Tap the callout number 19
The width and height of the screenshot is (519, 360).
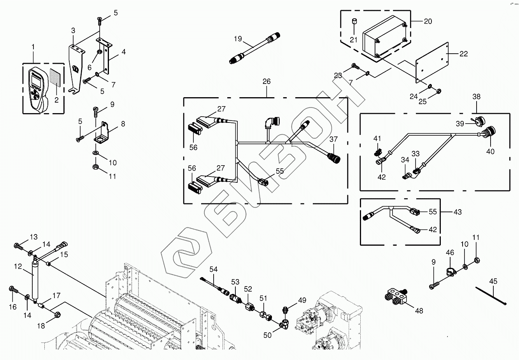[238, 39]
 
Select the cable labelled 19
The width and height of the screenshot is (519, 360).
[253, 49]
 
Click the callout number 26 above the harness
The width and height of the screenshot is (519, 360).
[267, 82]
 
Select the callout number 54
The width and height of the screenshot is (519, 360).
[213, 269]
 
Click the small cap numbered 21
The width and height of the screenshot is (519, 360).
[354, 21]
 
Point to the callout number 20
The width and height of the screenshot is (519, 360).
[428, 21]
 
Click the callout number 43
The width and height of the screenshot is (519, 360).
[458, 212]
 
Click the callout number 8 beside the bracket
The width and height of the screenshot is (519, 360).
[123, 124]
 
